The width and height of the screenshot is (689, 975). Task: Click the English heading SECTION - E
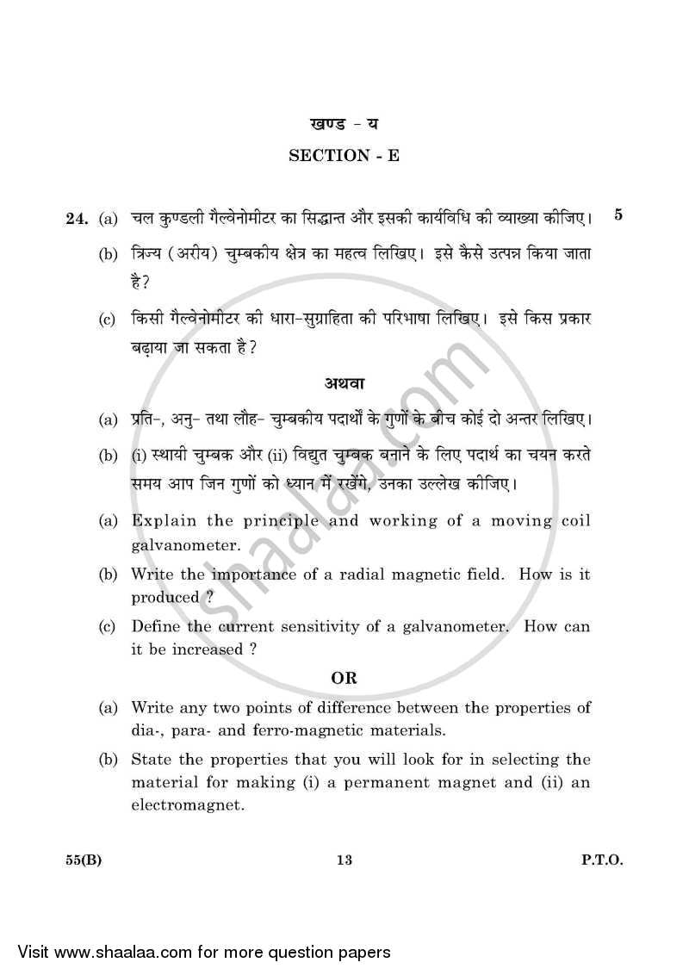pyautogui.click(x=344, y=155)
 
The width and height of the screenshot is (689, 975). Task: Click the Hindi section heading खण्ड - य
pyautogui.click(x=344, y=124)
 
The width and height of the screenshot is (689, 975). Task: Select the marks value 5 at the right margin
pyautogui.click(x=618, y=214)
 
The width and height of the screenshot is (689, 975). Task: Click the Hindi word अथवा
pyautogui.click(x=344, y=382)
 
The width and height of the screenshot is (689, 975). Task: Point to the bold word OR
pyautogui.click(x=344, y=678)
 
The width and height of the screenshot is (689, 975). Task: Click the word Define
pyautogui.click(x=154, y=627)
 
